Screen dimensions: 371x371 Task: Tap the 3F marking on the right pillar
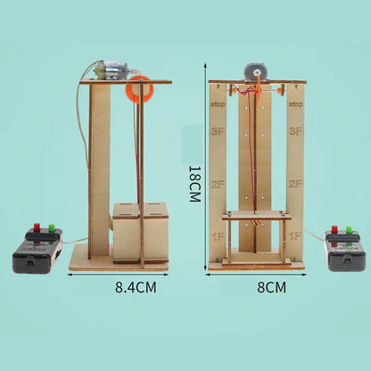point(295,130)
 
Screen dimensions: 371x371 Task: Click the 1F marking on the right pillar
point(295,236)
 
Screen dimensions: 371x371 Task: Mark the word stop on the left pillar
point(219,104)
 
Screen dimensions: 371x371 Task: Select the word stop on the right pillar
point(295,104)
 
